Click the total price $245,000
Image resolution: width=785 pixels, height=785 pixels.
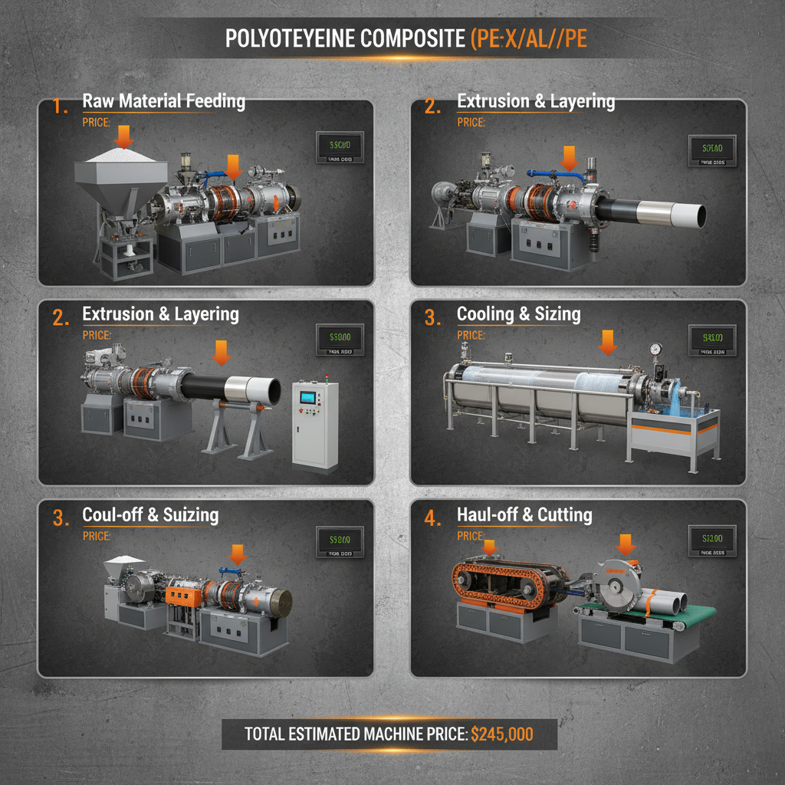(502, 734)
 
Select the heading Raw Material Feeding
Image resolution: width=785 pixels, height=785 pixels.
(163, 101)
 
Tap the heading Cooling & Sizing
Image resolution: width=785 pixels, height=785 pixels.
(518, 314)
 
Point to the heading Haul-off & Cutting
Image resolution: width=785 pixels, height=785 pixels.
(524, 514)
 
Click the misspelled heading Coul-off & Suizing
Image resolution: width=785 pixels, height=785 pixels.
(150, 515)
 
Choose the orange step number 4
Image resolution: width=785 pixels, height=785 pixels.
(433, 519)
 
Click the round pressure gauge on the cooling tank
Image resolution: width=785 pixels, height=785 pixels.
(655, 349)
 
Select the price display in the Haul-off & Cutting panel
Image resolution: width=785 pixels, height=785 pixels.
(712, 540)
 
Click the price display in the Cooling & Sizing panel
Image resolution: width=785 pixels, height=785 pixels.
(712, 339)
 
